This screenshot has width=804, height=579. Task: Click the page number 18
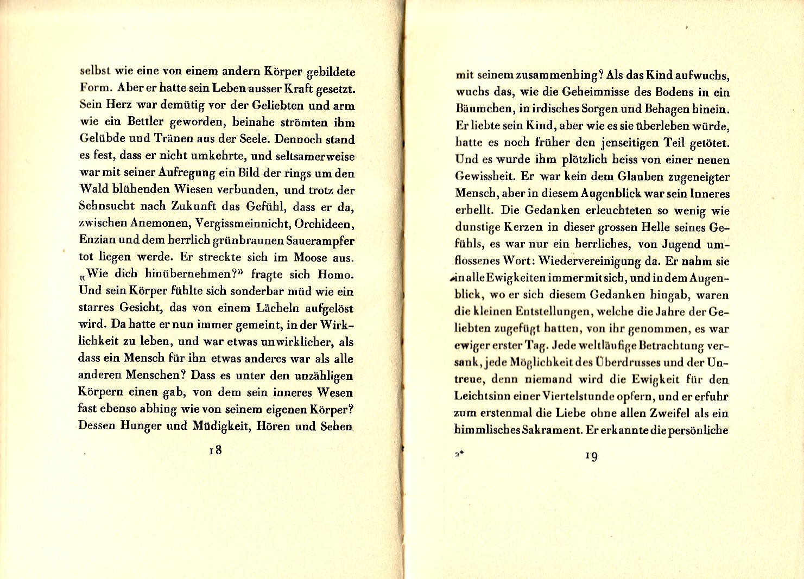tap(216, 450)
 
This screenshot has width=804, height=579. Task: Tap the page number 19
tap(592, 456)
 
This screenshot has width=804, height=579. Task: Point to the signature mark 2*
tap(458, 456)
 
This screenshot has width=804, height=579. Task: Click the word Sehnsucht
tap(106, 207)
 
